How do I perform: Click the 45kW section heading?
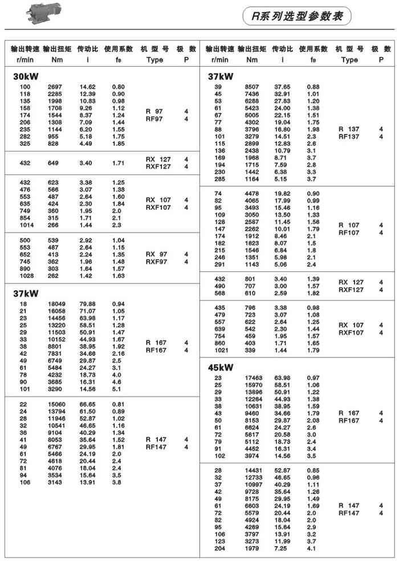pyautogui.click(x=221, y=367)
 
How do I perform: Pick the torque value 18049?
pyautogui.click(x=57, y=304)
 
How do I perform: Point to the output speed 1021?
pyautogui.click(x=219, y=350)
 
